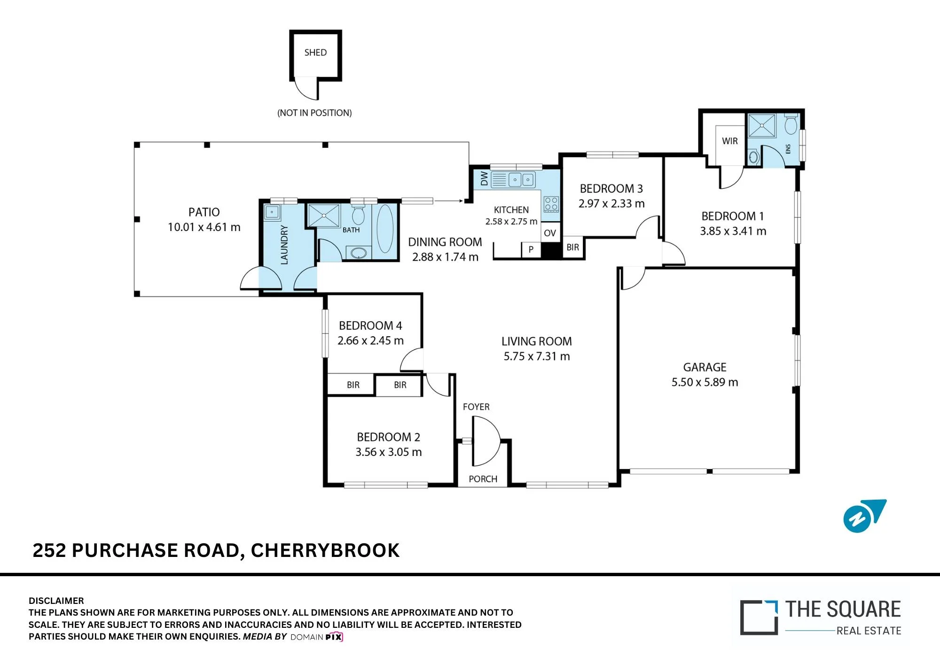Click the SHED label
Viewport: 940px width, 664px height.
(x=315, y=53)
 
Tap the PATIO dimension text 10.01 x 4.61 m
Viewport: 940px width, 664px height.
(x=204, y=227)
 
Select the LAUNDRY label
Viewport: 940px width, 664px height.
(x=284, y=245)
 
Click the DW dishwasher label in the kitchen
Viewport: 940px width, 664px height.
(x=484, y=179)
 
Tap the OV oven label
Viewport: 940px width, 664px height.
(x=550, y=233)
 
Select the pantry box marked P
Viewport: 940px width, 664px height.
(x=531, y=249)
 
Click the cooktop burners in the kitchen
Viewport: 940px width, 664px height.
(x=551, y=204)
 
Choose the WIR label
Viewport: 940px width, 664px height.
(x=730, y=141)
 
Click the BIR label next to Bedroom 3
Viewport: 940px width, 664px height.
(x=573, y=247)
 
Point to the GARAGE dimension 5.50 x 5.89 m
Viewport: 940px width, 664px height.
(x=705, y=382)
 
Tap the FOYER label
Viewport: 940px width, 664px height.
(x=476, y=407)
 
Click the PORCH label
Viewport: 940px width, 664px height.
(x=483, y=479)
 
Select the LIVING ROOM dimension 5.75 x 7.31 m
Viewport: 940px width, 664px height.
(x=537, y=356)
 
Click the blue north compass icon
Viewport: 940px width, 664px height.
(x=864, y=516)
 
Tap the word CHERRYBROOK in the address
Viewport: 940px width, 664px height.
(x=325, y=550)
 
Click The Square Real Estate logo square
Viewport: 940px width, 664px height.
(x=759, y=618)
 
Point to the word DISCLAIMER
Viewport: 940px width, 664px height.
(x=56, y=601)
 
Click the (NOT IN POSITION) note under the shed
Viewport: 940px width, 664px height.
(x=314, y=113)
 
